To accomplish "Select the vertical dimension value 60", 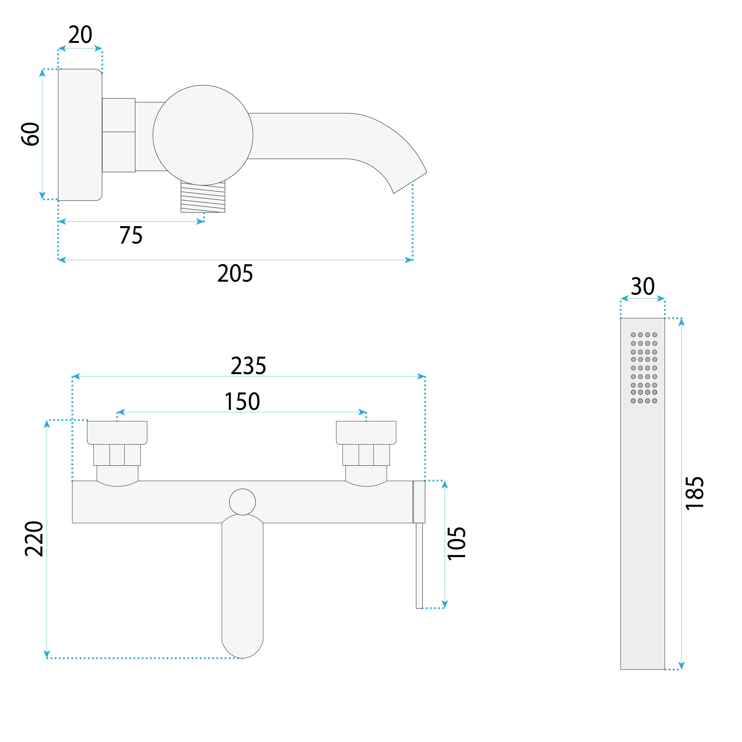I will pos(31,134).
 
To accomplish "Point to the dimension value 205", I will pos(235,274).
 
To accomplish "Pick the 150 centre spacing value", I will pos(242,402).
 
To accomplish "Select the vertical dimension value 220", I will pos(35,539).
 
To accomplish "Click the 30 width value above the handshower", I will pos(642,287).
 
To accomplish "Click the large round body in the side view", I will pos(203,135).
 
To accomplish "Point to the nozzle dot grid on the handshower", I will pos(644,368).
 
